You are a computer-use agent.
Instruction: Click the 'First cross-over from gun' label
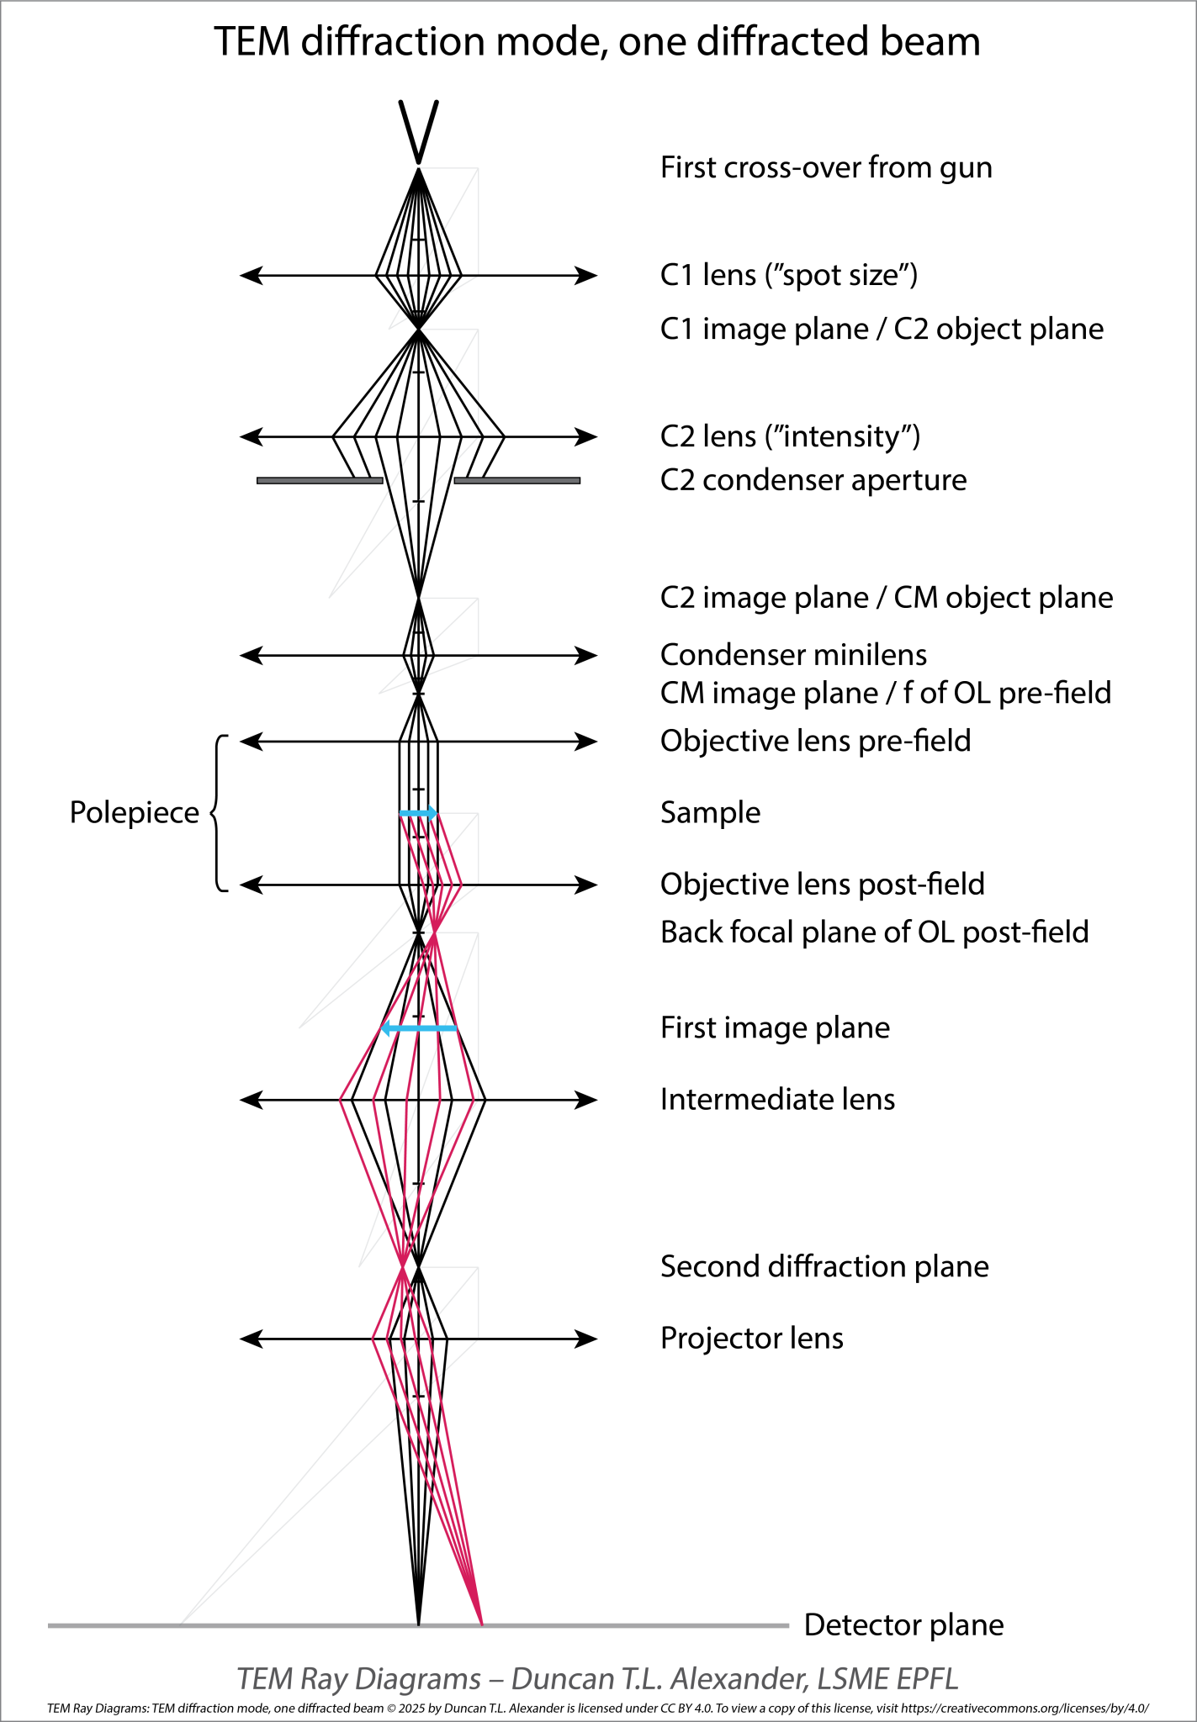(x=825, y=167)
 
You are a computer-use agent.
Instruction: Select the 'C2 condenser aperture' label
(x=813, y=480)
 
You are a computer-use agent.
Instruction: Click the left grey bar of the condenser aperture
(x=319, y=481)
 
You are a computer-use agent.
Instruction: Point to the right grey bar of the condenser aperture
(x=516, y=481)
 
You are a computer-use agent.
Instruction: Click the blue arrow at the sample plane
(x=418, y=813)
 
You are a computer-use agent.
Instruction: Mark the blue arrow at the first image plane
(x=419, y=1027)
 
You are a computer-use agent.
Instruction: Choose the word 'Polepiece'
(x=134, y=812)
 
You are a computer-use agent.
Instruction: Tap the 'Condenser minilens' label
(x=793, y=654)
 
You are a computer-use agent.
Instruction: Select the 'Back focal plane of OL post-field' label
(x=874, y=932)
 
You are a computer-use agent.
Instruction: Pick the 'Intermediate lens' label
(x=777, y=1099)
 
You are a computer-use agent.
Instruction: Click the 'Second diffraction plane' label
(x=824, y=1266)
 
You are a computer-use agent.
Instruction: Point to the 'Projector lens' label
(x=751, y=1338)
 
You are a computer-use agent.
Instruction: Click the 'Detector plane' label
(x=903, y=1625)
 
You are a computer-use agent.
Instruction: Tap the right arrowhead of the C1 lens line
(x=585, y=275)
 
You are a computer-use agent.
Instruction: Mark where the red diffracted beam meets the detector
(x=481, y=1623)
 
